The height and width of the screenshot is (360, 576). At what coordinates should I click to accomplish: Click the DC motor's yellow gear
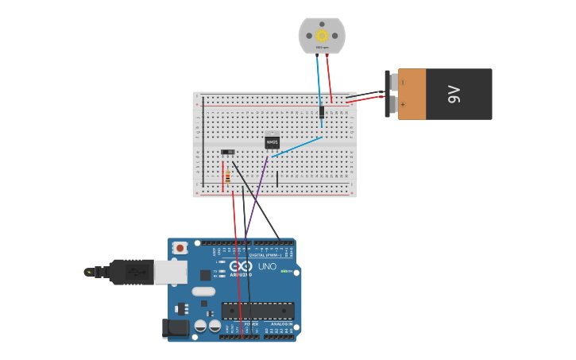pyautogui.click(x=322, y=35)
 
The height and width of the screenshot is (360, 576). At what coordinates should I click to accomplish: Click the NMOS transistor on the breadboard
pyautogui.click(x=273, y=142)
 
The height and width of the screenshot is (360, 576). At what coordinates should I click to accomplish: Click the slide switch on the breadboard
pyautogui.click(x=228, y=152)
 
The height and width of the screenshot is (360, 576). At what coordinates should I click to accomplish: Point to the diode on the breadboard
pyautogui.click(x=322, y=112)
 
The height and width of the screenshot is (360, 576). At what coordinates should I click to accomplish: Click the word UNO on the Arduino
pyautogui.click(x=267, y=266)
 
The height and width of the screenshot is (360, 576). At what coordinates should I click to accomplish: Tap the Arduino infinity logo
pyautogui.click(x=242, y=266)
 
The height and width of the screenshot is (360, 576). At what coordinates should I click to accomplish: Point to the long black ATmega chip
pyautogui.click(x=257, y=311)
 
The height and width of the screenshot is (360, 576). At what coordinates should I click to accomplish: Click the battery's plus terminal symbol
pyautogui.click(x=403, y=104)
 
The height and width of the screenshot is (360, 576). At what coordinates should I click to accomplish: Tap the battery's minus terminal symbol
pyautogui.click(x=403, y=82)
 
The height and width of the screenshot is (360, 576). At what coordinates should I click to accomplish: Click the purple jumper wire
pyautogui.click(x=256, y=199)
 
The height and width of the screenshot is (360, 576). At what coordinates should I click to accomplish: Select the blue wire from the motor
pyautogui.click(x=319, y=79)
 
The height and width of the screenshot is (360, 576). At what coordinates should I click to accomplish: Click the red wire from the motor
pyautogui.click(x=330, y=79)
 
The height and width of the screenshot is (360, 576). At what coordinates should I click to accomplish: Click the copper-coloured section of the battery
pyautogui.click(x=412, y=94)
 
